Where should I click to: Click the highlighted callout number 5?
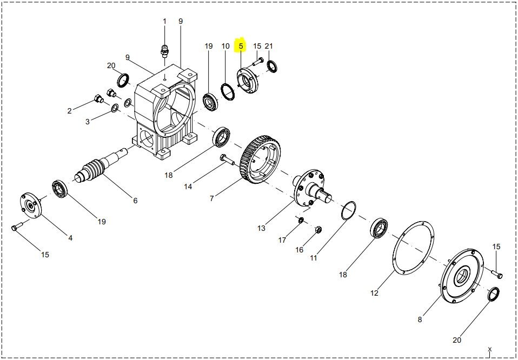pos(241,46)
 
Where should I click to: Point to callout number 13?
pos(261,228)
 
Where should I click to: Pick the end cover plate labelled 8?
pos(462,276)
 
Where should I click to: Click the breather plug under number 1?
pos(164,51)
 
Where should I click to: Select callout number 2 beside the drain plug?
pos(69,111)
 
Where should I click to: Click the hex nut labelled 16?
pos(318,229)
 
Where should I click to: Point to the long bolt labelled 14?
pos(227,159)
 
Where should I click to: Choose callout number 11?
pos(314,258)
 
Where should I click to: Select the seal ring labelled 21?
pos(272,66)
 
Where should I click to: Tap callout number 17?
pos(282,240)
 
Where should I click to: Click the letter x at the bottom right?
pos(490,349)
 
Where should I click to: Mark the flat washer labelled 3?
pos(115,108)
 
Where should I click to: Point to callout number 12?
pos(374,293)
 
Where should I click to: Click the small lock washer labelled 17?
pos(301,220)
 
